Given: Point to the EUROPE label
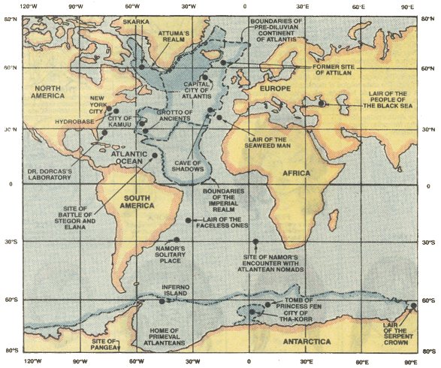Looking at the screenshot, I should click(x=274, y=88).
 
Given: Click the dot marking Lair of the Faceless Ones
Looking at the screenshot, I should click(x=188, y=220).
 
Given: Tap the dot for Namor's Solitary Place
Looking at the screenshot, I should click(x=177, y=240).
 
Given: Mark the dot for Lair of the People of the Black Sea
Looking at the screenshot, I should click(x=322, y=104).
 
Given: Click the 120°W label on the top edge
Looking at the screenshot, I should click(x=32, y=7).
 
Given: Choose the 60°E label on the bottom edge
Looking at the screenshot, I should click(x=364, y=360).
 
